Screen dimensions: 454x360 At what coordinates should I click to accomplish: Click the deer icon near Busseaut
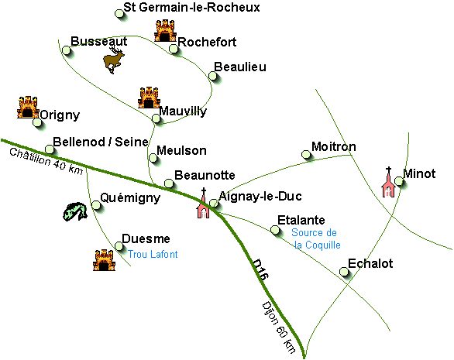[x=114, y=60]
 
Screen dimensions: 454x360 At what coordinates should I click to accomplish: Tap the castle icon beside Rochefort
[x=165, y=31]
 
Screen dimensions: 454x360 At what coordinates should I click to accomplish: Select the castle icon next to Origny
[x=28, y=107]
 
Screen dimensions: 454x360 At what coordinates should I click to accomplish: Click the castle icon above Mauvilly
[x=149, y=98]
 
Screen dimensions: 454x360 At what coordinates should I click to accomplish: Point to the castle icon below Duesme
[x=104, y=260]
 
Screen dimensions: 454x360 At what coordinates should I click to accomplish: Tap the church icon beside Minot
[x=389, y=182]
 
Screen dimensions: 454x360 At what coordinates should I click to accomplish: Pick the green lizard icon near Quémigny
[x=75, y=211]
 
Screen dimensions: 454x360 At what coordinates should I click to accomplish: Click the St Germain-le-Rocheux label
[x=191, y=7]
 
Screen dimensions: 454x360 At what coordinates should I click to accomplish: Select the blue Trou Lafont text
[x=153, y=255]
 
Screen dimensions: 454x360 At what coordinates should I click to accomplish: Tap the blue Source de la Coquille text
[x=315, y=238]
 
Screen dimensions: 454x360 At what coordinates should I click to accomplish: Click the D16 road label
[x=260, y=269]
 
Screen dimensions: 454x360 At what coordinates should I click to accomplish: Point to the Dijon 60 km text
[x=279, y=328]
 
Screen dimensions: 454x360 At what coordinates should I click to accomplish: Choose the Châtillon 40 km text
[x=46, y=162]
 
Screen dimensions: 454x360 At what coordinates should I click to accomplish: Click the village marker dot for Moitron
[x=306, y=155]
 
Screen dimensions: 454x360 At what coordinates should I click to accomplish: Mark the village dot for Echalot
[x=344, y=272]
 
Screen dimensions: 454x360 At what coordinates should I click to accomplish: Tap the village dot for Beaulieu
[x=213, y=76]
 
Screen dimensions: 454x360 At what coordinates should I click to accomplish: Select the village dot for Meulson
[x=153, y=158]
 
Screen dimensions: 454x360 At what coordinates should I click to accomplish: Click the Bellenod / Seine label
[x=101, y=142]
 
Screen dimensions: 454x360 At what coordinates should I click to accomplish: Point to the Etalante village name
[x=301, y=220]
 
